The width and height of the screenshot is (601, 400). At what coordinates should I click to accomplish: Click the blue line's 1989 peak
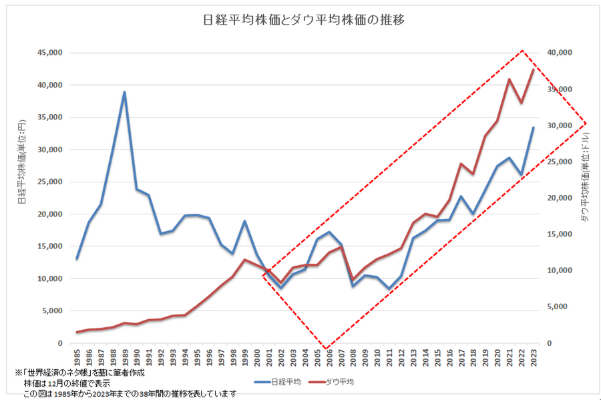124,92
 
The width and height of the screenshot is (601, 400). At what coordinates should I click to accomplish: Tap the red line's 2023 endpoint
533,69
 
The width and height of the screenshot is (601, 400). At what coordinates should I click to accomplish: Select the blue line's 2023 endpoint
533,128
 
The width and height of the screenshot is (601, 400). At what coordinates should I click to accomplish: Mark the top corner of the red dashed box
522,50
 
